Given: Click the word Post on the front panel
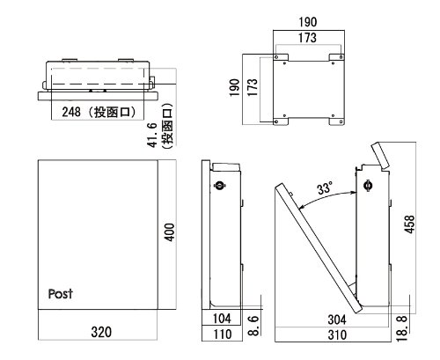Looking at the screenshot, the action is [61, 294].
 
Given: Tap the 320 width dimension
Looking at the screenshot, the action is [101, 332].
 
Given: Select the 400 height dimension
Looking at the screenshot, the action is [169, 232].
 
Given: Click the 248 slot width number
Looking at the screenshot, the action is [71, 112].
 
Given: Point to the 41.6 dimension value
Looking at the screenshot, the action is [152, 135].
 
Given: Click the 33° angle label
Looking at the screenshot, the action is [325, 187].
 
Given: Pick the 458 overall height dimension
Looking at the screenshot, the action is [409, 224].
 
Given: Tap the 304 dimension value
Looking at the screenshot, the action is [337, 320].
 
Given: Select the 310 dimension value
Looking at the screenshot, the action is [337, 334].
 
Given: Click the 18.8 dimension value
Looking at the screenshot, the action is [401, 328].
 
